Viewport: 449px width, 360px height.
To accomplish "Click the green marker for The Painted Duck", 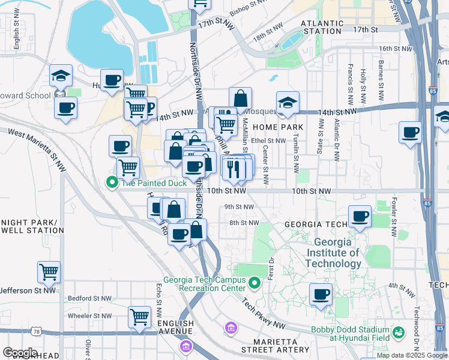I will (112, 182).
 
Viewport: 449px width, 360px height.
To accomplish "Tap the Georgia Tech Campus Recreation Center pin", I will (255, 282).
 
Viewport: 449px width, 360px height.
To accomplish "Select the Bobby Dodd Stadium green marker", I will (397, 332).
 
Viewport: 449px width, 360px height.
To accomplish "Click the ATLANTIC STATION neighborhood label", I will (322, 26).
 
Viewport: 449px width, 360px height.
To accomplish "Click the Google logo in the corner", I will (20, 353).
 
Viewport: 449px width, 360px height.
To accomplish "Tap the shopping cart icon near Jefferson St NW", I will (49, 271).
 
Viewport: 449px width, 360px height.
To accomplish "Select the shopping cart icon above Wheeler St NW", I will (139, 316).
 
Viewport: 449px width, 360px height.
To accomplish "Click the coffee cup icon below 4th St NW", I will (321, 295).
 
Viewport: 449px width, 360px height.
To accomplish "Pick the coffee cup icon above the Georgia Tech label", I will (360, 216).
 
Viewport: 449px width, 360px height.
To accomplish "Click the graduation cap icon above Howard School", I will (61, 76).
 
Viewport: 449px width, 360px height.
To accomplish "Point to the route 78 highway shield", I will (37, 332).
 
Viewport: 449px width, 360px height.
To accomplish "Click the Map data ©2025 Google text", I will (412, 355).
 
